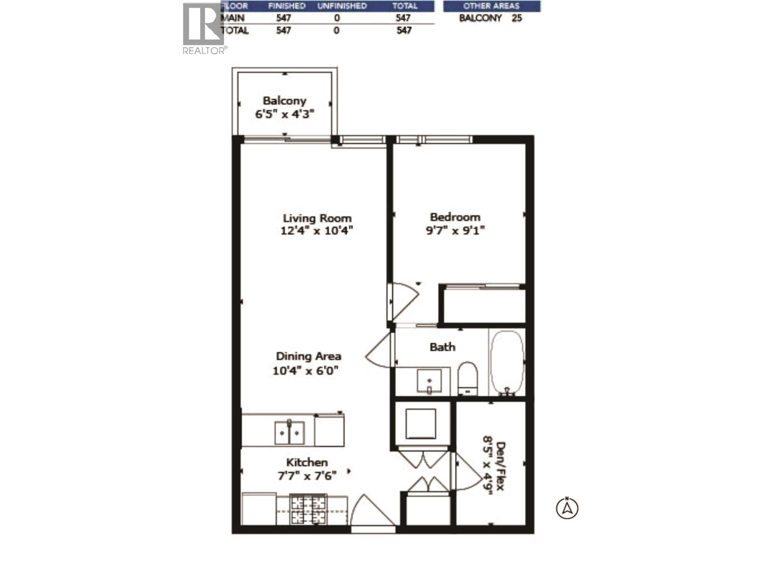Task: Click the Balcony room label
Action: [x=284, y=101]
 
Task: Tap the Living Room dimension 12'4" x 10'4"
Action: [x=317, y=231]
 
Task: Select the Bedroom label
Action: [x=455, y=217]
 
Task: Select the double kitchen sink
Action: [x=289, y=432]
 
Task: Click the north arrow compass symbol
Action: [x=567, y=508]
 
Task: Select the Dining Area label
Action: [x=308, y=356]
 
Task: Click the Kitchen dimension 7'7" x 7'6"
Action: [x=306, y=475]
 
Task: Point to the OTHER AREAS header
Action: [x=491, y=6]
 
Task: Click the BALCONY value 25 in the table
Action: [x=516, y=18]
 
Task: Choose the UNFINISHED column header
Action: [x=342, y=6]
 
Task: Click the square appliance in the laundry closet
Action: [x=421, y=423]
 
